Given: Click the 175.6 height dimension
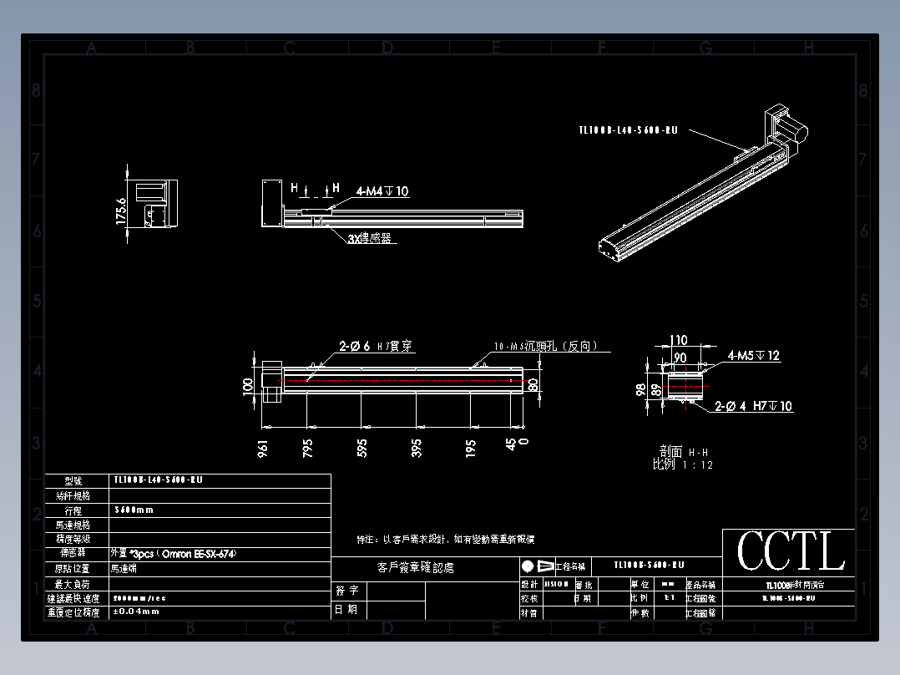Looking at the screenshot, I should click(120, 211).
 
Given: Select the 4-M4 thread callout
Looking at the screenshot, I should click(382, 191).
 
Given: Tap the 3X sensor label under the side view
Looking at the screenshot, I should click(369, 238).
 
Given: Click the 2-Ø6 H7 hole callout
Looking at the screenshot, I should click(376, 345).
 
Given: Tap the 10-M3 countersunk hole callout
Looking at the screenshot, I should click(546, 346).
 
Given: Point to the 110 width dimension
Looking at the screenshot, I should click(678, 341).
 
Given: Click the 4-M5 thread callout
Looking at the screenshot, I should click(753, 356).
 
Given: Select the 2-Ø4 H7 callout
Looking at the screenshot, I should click(754, 407).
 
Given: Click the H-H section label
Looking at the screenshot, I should click(682, 452).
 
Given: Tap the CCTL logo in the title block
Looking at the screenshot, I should click(790, 552).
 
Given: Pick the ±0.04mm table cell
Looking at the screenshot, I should click(136, 612).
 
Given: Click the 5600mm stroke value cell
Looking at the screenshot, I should click(134, 510).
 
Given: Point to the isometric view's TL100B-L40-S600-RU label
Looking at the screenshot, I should click(628, 130).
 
